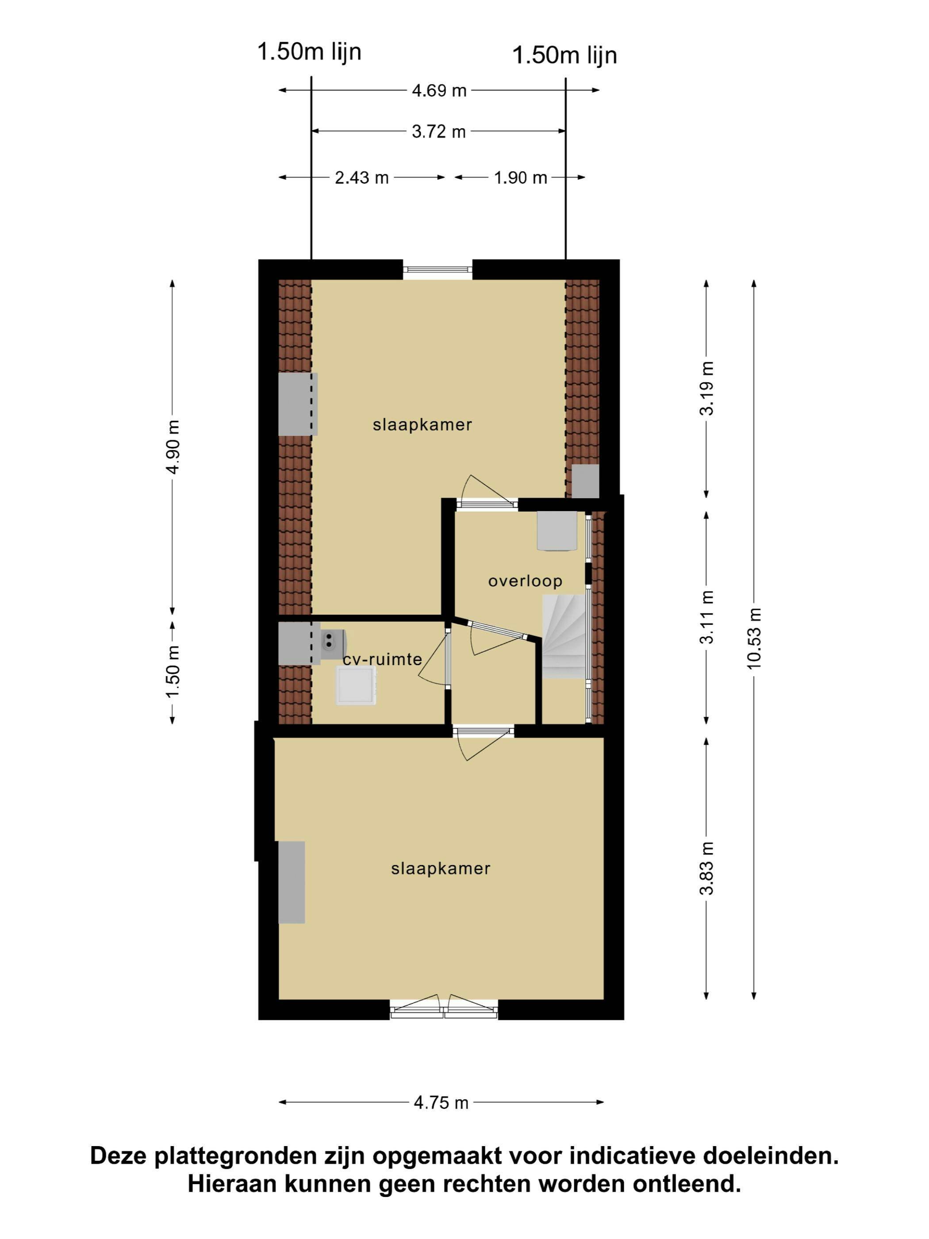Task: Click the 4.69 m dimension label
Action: (x=439, y=90)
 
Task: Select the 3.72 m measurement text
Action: (x=439, y=131)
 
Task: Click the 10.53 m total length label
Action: (x=754, y=638)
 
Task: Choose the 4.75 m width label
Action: (x=441, y=1102)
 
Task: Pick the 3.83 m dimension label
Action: (x=706, y=868)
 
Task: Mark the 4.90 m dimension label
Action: (x=173, y=446)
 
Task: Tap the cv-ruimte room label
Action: (x=383, y=659)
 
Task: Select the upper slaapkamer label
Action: (x=422, y=424)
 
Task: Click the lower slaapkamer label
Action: (x=441, y=868)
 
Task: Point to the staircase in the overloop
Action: (x=564, y=637)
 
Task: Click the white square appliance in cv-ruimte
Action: (x=356, y=685)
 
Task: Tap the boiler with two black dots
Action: (x=333, y=643)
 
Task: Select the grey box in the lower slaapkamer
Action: (x=292, y=882)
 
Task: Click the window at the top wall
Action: (x=438, y=269)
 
